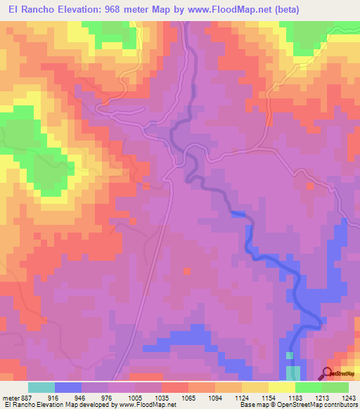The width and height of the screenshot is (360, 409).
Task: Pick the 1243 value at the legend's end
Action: (x=340, y=397)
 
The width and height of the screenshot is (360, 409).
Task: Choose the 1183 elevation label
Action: (x=285, y=397)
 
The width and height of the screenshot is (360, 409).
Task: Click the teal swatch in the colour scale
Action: (x=41, y=387)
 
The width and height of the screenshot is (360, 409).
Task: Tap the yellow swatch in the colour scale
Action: (x=282, y=387)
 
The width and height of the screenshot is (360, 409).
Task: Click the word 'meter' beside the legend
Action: (x=10, y=397)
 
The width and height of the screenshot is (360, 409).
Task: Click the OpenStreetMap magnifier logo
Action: (x=328, y=374)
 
